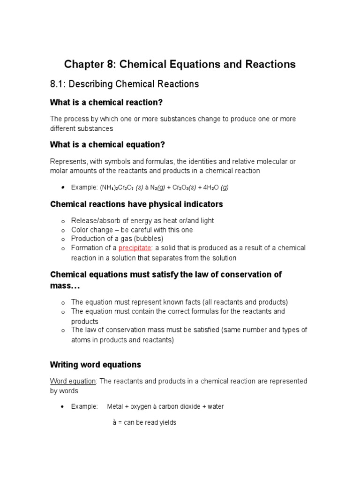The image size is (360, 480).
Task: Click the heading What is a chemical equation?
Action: [x=108, y=144]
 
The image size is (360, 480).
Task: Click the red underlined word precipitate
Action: [x=135, y=248]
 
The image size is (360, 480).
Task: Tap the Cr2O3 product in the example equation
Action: [x=179, y=187]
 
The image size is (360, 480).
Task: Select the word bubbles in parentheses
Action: [x=146, y=239]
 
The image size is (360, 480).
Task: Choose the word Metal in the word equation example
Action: [x=115, y=406]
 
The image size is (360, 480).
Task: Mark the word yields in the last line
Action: [x=167, y=422]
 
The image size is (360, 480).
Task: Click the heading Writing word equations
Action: [x=96, y=365]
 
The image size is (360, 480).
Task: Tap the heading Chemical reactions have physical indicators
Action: [x=136, y=204]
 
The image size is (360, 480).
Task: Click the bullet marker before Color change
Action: [x=62, y=231]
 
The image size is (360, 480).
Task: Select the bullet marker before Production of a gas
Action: [x=62, y=240]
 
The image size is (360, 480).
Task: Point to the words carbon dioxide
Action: [x=177, y=406]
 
